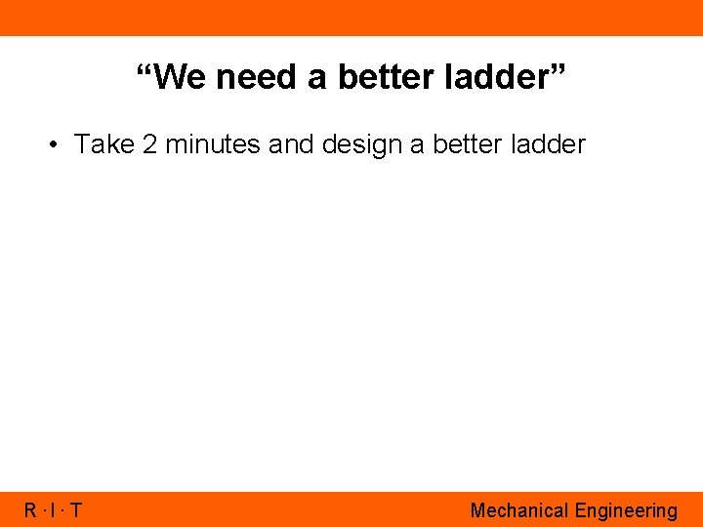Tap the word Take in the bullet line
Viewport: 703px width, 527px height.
103,145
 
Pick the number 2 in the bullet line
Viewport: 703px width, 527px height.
148,145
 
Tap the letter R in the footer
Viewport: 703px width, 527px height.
30,510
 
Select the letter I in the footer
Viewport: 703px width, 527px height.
54,510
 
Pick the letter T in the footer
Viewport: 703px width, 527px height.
76,510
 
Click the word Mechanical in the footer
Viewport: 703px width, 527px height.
518,510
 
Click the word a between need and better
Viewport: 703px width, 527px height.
316,78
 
